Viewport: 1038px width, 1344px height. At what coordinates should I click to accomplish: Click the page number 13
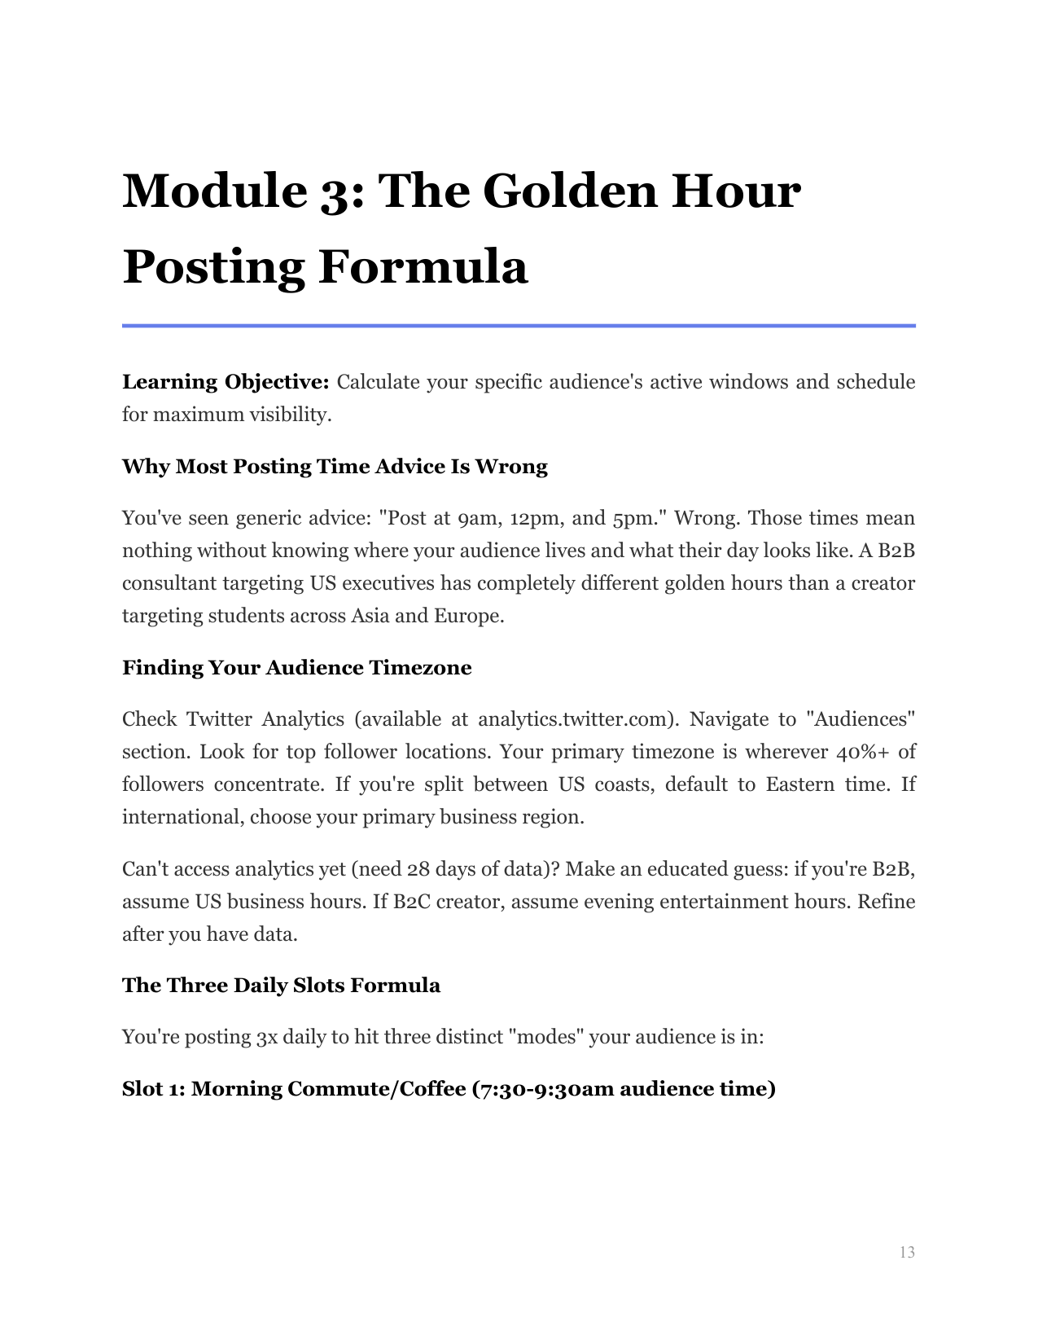click(x=907, y=1253)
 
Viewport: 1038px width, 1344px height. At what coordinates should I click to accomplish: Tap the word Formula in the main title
click(x=423, y=267)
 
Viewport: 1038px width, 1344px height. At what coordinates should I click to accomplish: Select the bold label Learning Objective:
click(x=226, y=382)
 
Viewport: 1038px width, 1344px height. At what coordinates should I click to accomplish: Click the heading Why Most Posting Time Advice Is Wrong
click(x=335, y=467)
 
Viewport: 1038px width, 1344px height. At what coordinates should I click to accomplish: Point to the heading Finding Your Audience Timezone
click(x=296, y=668)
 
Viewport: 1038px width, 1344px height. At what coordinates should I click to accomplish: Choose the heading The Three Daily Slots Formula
click(x=281, y=986)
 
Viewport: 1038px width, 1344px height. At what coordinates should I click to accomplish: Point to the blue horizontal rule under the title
click(x=519, y=326)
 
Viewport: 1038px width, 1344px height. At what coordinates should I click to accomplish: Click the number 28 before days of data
click(x=418, y=869)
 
